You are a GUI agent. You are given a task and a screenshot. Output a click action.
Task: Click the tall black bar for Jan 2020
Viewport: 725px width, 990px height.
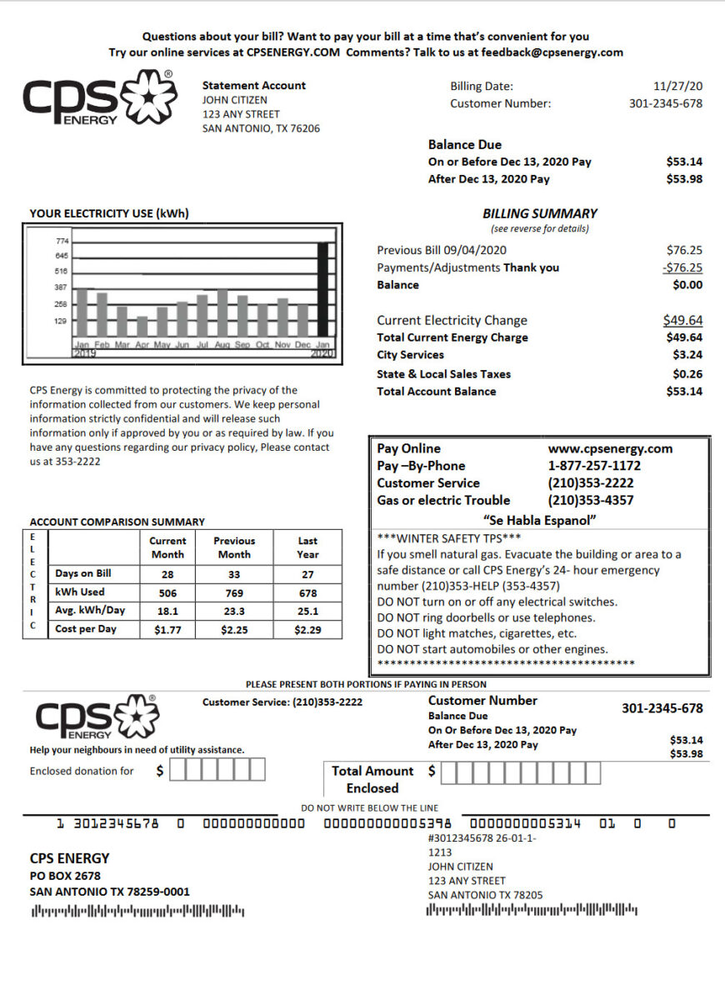point(323,292)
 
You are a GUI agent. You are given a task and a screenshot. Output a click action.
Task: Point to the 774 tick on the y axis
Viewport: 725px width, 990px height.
point(62,241)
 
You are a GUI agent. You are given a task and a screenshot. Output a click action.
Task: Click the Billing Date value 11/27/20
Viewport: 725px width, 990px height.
point(678,86)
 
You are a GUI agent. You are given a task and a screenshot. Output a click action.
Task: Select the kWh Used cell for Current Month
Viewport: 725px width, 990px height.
point(167,593)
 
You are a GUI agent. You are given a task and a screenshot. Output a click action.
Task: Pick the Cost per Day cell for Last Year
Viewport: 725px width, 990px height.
point(307,630)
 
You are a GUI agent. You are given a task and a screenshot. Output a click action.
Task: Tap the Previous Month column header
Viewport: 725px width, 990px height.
point(233,547)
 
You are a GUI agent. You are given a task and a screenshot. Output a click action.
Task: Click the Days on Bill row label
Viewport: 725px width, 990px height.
point(82,574)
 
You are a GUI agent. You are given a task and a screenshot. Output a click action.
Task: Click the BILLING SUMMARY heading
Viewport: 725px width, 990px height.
point(540,213)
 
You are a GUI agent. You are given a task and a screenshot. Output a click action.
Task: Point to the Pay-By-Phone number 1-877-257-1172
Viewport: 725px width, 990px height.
point(594,466)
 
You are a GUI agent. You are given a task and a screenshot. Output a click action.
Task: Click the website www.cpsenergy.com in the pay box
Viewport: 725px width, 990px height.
point(610,448)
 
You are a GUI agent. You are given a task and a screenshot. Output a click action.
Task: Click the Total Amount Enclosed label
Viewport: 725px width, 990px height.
point(372,779)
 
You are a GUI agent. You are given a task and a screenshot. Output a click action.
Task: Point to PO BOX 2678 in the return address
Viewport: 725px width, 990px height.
point(65,876)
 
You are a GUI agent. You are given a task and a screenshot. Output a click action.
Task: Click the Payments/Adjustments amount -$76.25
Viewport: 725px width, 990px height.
point(682,267)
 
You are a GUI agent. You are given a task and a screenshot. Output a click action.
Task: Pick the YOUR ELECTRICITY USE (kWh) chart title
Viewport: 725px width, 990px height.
point(109,214)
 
